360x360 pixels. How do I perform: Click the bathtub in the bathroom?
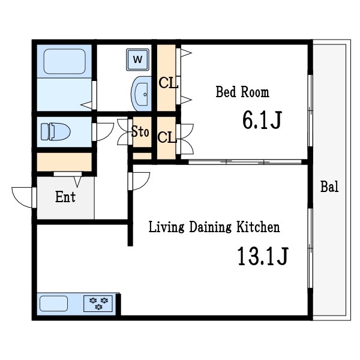tap(65, 61)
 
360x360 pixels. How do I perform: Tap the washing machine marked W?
tap(137, 59)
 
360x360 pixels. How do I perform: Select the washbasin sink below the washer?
tap(141, 94)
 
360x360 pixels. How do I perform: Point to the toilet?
tap(56, 131)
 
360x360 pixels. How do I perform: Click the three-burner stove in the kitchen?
tap(98, 304)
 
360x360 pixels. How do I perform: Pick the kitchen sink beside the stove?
tap(54, 304)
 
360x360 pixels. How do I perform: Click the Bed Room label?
tap(242, 92)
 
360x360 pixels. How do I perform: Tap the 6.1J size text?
tap(262, 120)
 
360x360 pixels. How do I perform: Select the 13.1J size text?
tap(262, 256)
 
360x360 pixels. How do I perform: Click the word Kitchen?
tap(258, 227)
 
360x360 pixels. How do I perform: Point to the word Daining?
tap(210, 227)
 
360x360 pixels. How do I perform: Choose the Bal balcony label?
tap(329, 187)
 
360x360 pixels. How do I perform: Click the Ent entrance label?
tap(65, 197)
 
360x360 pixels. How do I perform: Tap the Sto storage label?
tap(140, 132)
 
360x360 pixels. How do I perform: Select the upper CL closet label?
tap(168, 83)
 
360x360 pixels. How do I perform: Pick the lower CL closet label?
tap(167, 137)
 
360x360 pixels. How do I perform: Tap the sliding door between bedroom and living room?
tap(245, 161)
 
